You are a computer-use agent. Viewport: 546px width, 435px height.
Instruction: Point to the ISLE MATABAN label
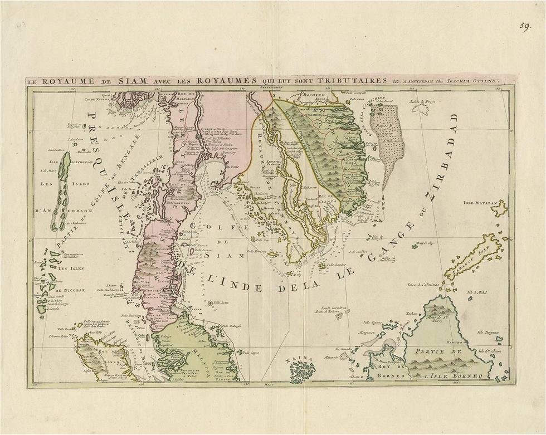click(x=479, y=204)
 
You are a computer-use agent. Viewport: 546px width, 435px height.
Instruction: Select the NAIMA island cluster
click(x=302, y=370)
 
